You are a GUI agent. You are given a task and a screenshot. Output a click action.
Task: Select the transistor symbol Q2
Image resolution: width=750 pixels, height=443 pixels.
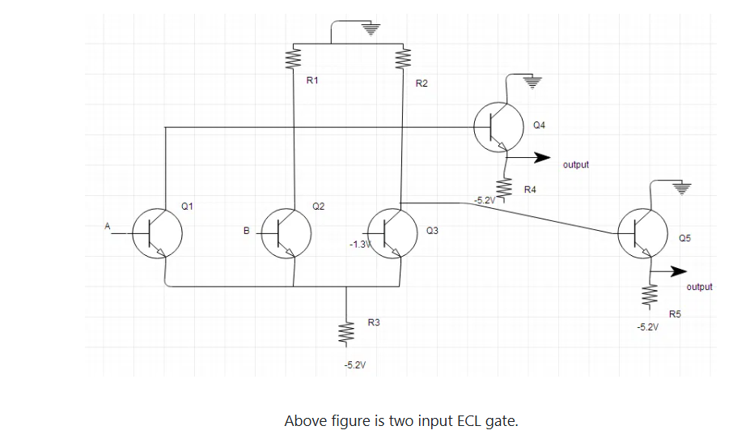click(x=284, y=232)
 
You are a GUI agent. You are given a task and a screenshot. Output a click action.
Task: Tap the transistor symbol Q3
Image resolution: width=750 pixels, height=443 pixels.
click(x=392, y=232)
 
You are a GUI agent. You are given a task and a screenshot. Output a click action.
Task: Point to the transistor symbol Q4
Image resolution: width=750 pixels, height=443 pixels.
click(x=498, y=126)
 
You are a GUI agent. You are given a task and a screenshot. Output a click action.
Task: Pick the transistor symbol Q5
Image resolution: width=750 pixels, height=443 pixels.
click(x=642, y=232)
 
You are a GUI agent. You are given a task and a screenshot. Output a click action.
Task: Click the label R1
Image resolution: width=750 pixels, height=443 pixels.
click(x=313, y=81)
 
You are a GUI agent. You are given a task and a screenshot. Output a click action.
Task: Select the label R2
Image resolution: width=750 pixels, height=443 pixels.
click(x=421, y=83)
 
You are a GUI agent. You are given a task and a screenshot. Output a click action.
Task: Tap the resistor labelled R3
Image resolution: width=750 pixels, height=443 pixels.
click(x=347, y=331)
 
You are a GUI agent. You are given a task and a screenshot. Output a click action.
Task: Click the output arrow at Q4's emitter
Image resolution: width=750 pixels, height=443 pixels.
click(x=534, y=157)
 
